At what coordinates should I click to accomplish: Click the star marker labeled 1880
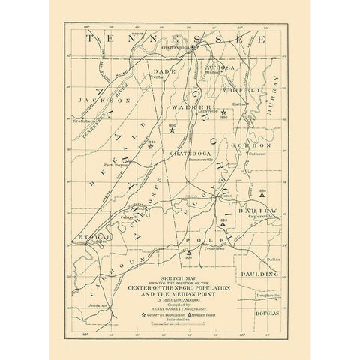click(223, 112)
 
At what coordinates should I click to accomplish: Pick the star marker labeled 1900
click(151, 147)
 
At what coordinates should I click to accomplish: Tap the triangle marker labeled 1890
click(223, 223)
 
